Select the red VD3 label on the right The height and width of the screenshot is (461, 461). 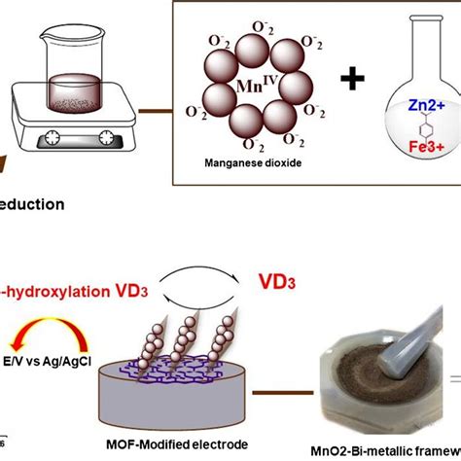(x=279, y=282)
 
